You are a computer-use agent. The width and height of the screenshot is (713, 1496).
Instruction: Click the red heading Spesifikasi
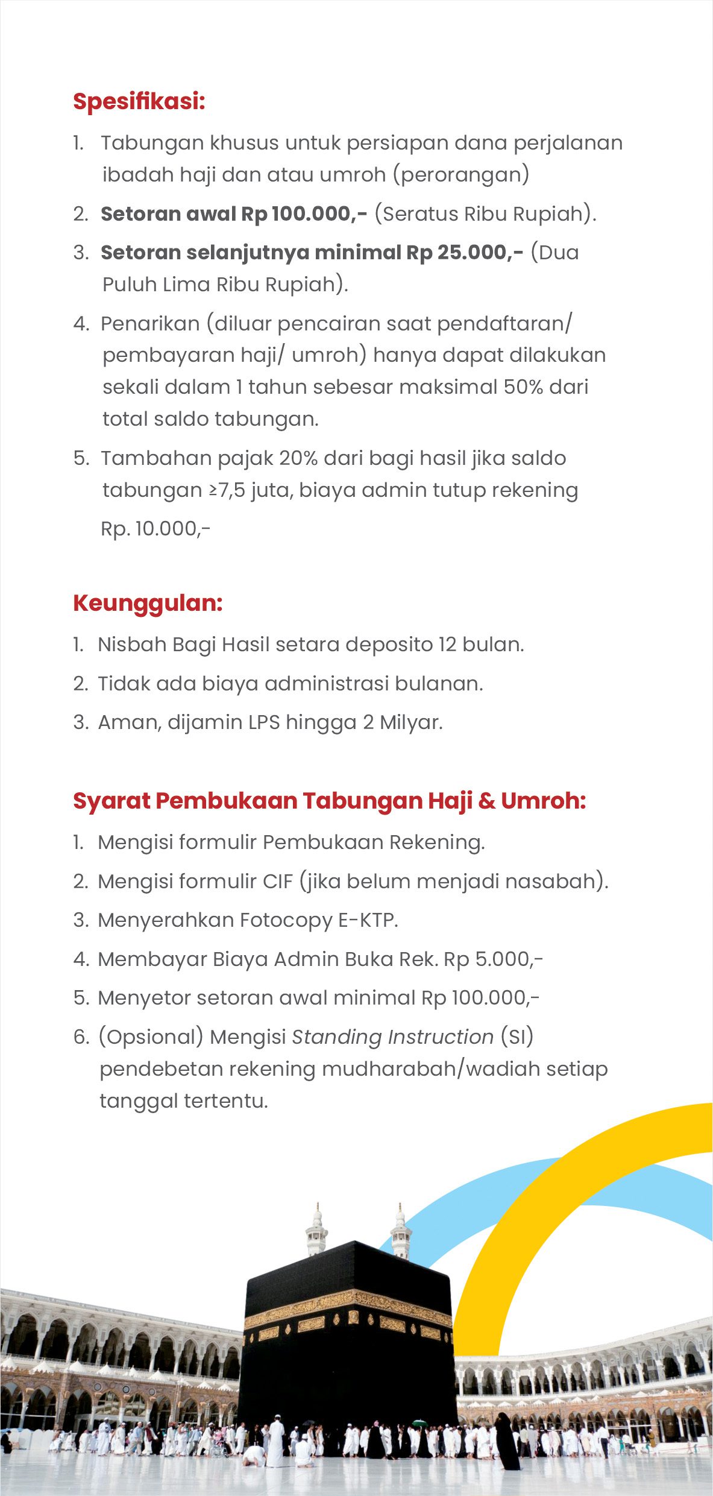[x=139, y=101]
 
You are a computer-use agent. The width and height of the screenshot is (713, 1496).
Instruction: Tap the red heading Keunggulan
[x=148, y=603]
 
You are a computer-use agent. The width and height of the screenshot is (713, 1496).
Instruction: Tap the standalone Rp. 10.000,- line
[x=155, y=529]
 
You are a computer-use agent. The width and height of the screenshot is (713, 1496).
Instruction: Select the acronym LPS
[x=264, y=722]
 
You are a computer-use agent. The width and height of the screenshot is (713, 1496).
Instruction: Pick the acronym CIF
[x=278, y=882]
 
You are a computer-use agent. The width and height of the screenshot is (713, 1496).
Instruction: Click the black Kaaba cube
[x=348, y=1345]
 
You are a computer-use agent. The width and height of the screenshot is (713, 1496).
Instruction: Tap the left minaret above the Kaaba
[x=316, y=1230]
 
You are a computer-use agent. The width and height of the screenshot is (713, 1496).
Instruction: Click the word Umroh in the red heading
[x=542, y=801]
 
